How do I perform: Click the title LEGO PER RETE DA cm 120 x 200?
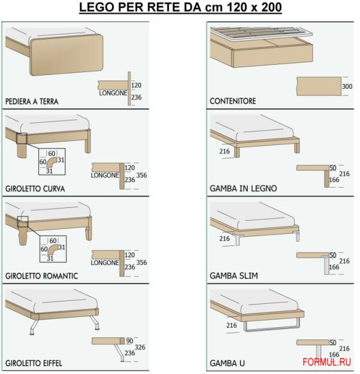point(180,7)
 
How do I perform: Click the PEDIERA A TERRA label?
point(32,101)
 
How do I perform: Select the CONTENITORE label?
point(233,101)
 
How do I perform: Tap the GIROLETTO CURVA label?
point(35,189)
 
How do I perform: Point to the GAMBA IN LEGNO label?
point(243,188)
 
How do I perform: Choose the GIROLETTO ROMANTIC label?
point(41,276)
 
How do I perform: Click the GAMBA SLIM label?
point(234,276)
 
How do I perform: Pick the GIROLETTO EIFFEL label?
point(34,363)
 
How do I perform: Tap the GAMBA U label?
point(227,363)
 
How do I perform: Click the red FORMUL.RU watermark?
point(326,362)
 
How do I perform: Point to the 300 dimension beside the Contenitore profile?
point(347,86)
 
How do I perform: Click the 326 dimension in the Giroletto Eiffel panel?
point(140,347)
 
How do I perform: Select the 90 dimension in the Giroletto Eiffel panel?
point(130,341)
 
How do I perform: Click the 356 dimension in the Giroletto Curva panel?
point(142,175)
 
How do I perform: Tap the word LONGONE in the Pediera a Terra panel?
point(113,93)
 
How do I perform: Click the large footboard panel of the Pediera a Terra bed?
point(67,55)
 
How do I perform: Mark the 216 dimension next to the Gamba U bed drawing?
point(232,325)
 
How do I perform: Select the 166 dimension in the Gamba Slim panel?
point(334,267)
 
